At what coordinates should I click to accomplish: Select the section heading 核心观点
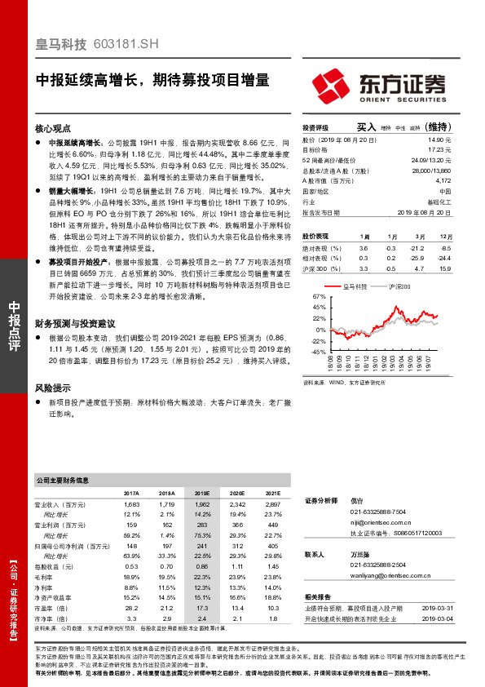tap(54, 129)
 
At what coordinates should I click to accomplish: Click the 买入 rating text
tap(366, 127)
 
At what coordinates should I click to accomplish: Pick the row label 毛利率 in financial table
tap(45, 575)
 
